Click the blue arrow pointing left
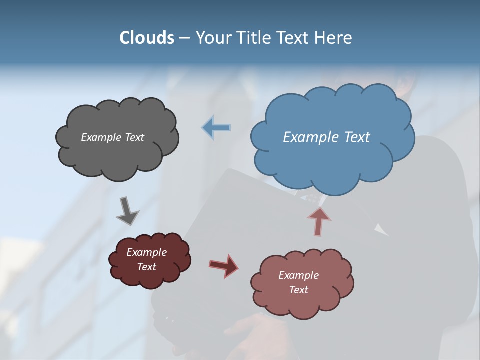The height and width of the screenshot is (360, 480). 216,128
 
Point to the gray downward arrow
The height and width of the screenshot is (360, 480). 127,210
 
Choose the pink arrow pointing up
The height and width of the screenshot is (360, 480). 319,221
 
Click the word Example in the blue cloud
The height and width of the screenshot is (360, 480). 312,137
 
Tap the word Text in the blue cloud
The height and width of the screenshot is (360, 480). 357,137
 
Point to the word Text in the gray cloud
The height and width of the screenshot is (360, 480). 135,137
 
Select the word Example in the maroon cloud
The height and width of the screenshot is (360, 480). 146,252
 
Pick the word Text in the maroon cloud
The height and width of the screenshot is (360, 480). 146,267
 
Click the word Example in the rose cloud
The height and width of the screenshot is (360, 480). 298,275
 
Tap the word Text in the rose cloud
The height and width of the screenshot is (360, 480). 298,290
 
